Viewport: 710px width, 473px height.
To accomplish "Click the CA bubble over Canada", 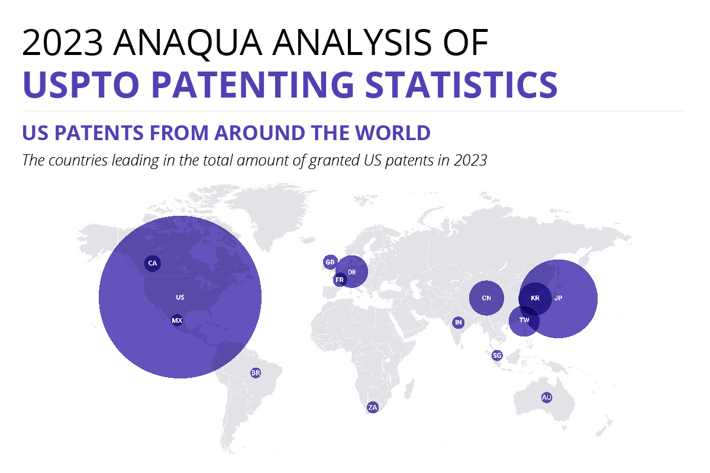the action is [153, 263].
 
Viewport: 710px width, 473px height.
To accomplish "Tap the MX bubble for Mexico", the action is [177, 320].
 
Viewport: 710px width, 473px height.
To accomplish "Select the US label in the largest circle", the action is [180, 297].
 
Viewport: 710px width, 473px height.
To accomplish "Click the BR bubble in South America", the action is [256, 373].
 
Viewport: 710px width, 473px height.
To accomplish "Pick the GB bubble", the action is [330, 263].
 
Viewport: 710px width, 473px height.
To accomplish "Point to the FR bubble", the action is [340, 280].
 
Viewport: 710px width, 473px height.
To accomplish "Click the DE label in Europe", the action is [352, 272].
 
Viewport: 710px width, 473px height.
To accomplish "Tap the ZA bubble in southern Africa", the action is [372, 407].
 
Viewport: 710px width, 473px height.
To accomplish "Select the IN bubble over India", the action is [459, 322].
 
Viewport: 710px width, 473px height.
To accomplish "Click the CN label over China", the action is [486, 298].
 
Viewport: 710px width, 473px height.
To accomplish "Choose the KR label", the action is [535, 298].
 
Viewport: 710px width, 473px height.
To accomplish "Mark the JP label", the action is [558, 298].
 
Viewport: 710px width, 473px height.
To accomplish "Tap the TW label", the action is [524, 320].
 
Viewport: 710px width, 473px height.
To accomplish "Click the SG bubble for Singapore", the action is [497, 355].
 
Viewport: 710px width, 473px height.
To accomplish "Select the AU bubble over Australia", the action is [547, 397].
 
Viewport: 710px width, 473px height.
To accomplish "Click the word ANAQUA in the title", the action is [188, 43].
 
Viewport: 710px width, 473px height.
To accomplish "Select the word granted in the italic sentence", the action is [334, 161].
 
